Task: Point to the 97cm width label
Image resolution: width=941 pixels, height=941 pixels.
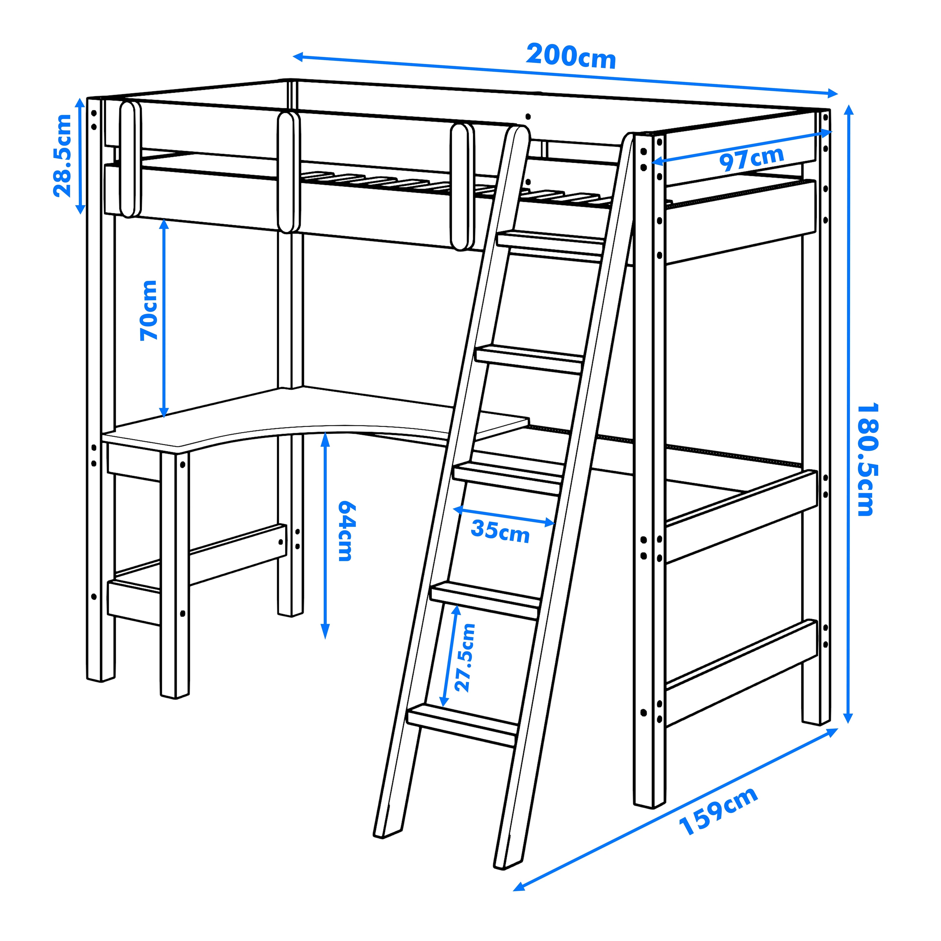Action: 752,159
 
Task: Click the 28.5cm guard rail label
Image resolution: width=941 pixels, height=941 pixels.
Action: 62,155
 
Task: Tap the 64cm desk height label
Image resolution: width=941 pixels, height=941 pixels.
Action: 347,531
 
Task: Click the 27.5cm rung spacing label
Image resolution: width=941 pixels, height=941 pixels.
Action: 464,657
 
